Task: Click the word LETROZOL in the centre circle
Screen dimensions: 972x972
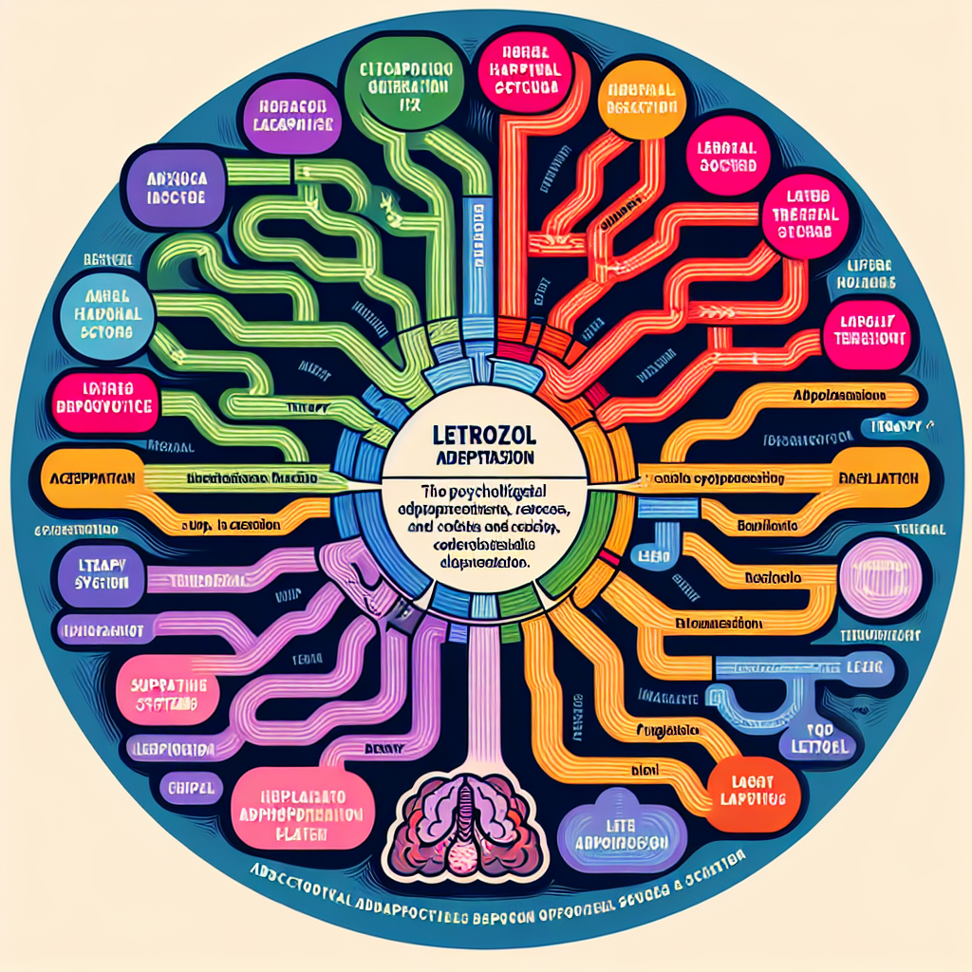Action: click(485, 438)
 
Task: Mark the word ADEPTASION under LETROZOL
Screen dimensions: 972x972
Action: click(485, 457)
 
